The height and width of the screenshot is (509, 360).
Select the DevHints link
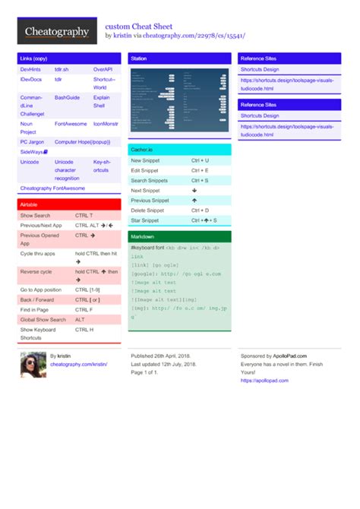31,69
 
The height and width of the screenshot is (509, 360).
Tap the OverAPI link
103,69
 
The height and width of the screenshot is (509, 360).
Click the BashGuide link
68,98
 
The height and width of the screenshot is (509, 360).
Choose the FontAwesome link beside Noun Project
71,123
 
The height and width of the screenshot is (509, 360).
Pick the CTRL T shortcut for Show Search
84,216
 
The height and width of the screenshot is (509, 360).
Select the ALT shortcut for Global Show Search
81,320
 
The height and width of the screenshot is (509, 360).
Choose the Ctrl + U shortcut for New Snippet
201,161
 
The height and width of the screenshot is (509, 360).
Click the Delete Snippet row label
147,210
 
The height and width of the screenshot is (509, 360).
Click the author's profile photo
33,364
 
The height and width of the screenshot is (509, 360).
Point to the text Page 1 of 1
144,373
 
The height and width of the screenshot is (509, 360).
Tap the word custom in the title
118,25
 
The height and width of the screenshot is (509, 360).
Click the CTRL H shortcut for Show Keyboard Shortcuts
84,330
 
